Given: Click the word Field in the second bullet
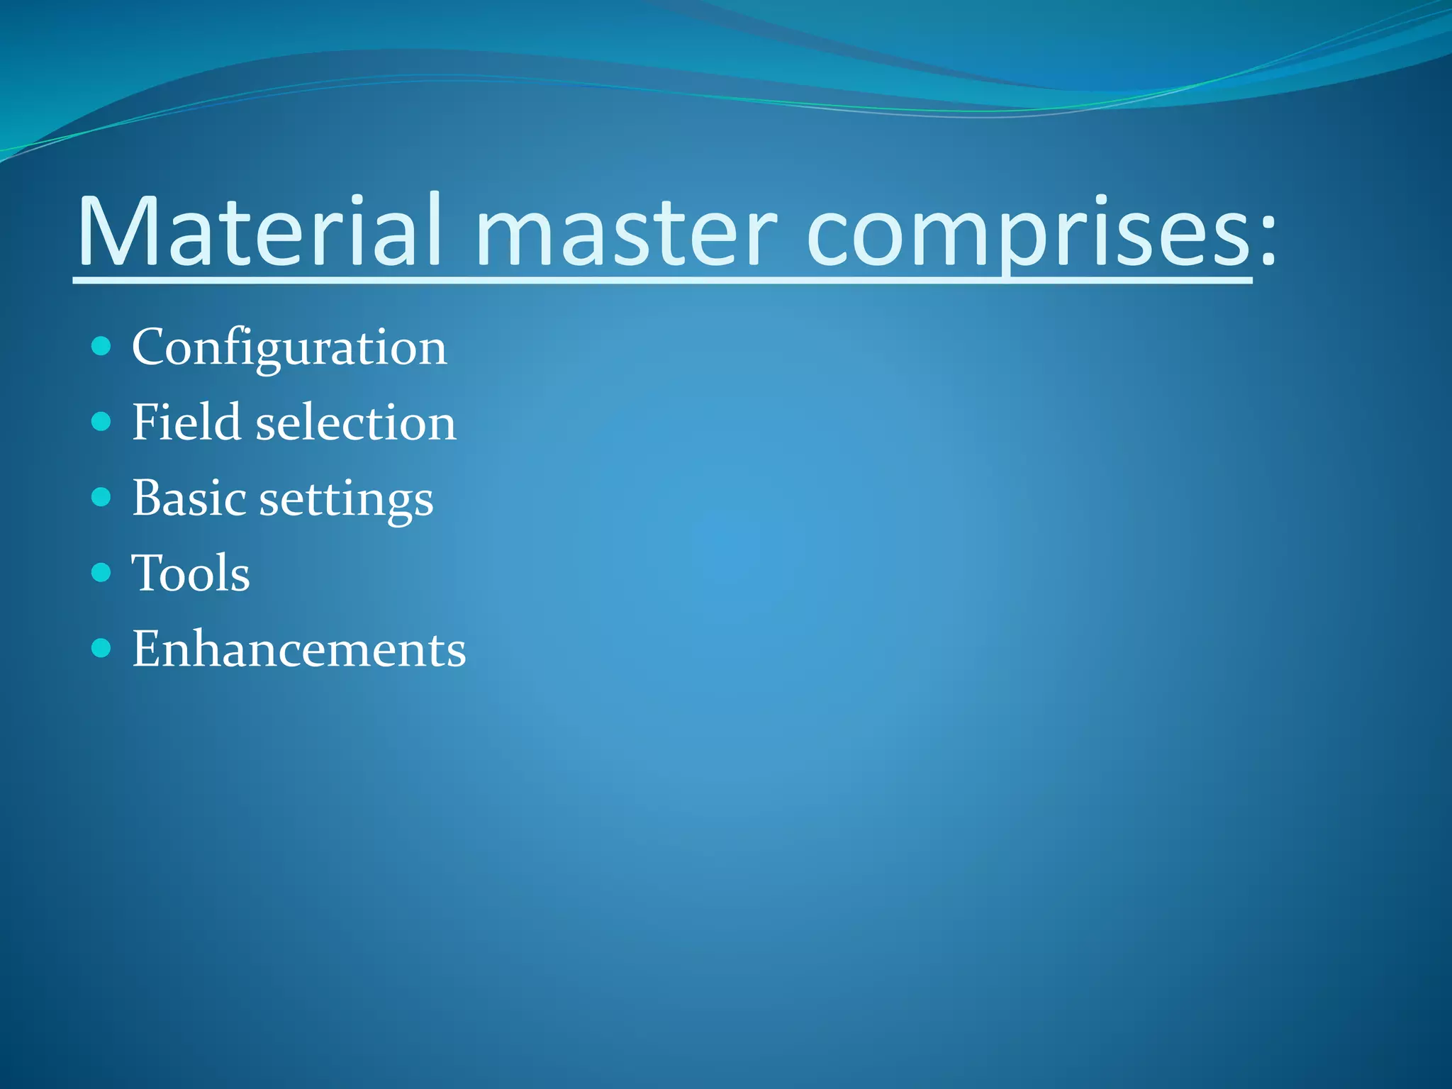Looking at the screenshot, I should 186,423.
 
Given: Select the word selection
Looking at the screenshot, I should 355,423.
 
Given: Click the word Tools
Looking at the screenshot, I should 191,573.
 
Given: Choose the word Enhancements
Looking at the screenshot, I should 299,649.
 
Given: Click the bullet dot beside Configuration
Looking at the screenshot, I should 101,347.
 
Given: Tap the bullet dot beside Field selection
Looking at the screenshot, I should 101,422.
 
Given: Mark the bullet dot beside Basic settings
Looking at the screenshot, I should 101,497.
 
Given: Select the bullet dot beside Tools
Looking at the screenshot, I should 101,572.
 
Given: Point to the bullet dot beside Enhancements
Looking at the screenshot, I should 101,648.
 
